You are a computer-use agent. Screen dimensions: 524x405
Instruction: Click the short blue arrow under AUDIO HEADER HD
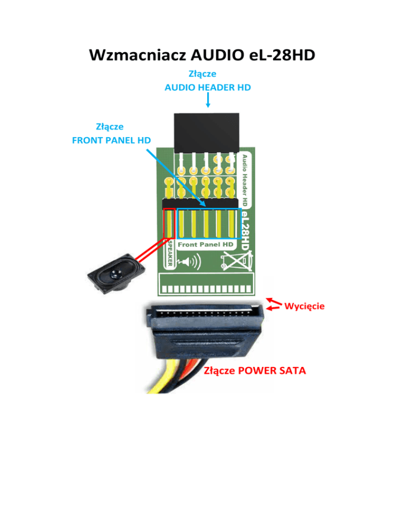pyautogui.click(x=208, y=101)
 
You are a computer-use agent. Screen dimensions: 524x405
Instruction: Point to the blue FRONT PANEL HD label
pyautogui.click(x=111, y=140)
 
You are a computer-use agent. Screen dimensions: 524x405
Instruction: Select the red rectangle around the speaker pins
pyautogui.click(x=169, y=224)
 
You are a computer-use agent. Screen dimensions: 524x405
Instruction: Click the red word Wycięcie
pyautogui.click(x=304, y=305)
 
